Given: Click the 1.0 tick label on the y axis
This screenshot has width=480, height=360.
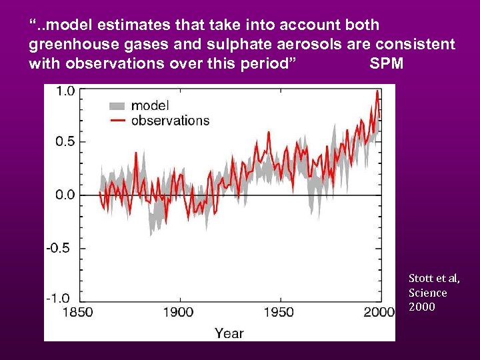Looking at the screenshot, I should coord(64,91).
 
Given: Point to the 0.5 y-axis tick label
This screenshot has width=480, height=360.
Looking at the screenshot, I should coord(64,141).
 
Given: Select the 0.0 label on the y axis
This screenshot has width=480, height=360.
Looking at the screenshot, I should coord(64,195).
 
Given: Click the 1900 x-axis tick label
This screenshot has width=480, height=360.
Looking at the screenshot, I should coord(178,312).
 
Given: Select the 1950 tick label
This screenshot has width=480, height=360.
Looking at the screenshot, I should coord(279,312).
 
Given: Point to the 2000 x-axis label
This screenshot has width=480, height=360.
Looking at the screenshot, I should coord(379,312).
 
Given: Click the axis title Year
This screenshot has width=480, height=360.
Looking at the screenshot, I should coord(229,333).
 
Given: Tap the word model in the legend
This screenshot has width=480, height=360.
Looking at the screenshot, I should coord(150,105).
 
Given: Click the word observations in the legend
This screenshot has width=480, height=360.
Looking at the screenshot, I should coord(170,121).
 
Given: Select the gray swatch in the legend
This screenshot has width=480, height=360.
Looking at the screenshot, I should coord(117,105).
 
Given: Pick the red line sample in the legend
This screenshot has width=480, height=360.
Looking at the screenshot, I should coord(117,121).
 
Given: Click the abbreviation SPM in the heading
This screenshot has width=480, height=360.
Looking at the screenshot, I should coord(386,64).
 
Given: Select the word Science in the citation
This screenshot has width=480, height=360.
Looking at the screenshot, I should coord(428,293).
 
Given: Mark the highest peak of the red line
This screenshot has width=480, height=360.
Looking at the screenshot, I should coord(377,91).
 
